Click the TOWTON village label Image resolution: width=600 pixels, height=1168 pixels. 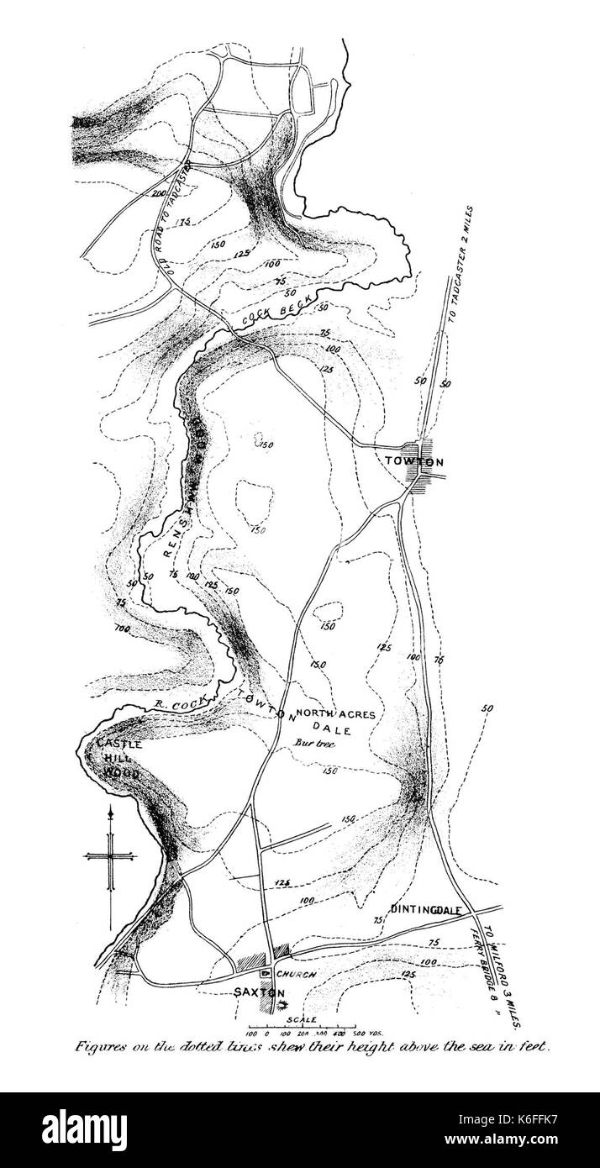click(413, 461)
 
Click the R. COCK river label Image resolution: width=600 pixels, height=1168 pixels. click(175, 702)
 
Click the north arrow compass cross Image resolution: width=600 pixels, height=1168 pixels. click(110, 856)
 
